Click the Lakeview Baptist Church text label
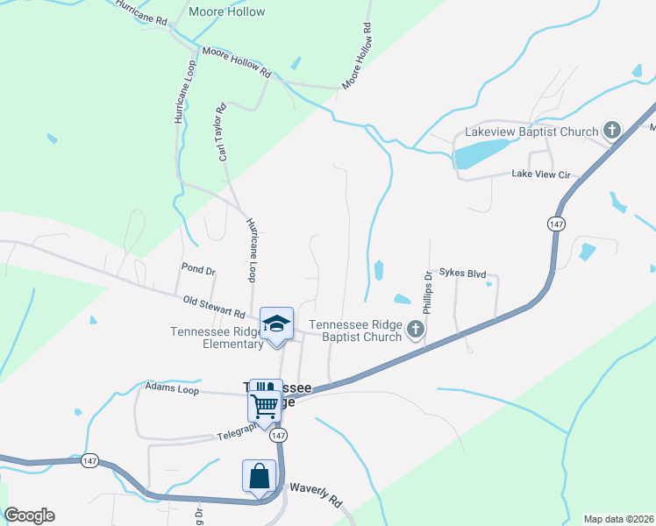point(531,132)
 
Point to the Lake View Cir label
point(541,174)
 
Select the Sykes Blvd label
point(462,274)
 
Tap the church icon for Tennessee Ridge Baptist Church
point(416,330)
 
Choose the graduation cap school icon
point(276,323)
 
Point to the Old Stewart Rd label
point(214,307)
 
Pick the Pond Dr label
point(198,269)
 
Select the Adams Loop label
point(168,385)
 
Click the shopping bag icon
point(260,477)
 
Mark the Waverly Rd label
point(315,495)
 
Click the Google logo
point(29,515)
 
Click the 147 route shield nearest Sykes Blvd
point(555,224)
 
